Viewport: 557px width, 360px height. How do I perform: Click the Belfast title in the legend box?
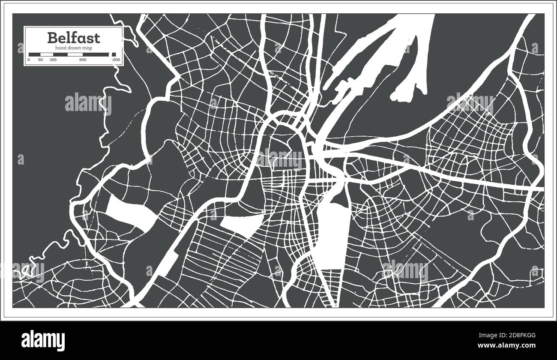(74, 38)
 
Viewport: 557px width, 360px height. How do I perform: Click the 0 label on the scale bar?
(29, 60)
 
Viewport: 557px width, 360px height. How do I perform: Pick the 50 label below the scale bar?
(40, 60)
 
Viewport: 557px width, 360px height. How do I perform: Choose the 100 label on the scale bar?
(53, 60)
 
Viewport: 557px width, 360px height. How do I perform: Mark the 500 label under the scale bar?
(83, 60)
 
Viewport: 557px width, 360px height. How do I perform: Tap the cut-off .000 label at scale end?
(116, 60)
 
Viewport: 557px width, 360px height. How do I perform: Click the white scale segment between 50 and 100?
(47, 54)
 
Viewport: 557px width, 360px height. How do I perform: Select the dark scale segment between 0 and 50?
(34, 54)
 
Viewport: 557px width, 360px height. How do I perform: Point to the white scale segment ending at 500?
(75, 54)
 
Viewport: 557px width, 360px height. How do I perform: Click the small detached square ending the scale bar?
(114, 54)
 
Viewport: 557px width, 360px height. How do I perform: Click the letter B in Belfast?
(52, 38)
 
